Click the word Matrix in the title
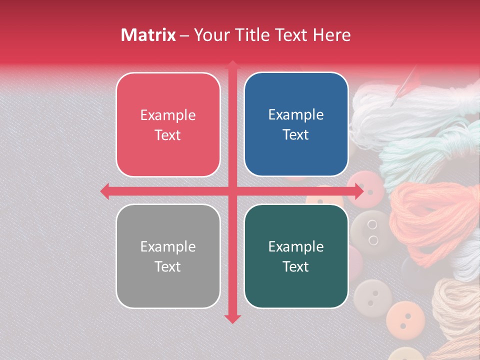[x=148, y=35]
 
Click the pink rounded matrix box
[x=168, y=124]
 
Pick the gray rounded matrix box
[x=168, y=256]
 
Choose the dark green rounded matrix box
[x=296, y=256]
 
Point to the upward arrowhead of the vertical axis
[x=232, y=65]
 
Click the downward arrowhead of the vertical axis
[x=232, y=318]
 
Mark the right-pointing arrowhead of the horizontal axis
[x=358, y=191]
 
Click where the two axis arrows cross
[x=232, y=191]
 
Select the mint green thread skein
[x=425, y=150]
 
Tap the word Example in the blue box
[x=296, y=114]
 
